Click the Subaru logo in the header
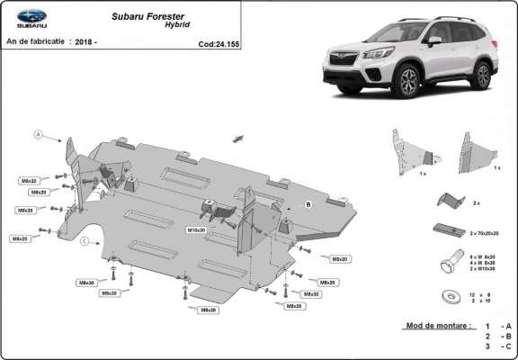click(x=26, y=20)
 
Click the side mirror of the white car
click(x=434, y=41)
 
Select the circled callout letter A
click(x=39, y=134)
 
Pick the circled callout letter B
click(x=308, y=205)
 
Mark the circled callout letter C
click(x=84, y=241)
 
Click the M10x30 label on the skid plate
click(x=196, y=230)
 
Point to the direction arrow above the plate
click(x=239, y=137)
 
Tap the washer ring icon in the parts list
click(x=448, y=295)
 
